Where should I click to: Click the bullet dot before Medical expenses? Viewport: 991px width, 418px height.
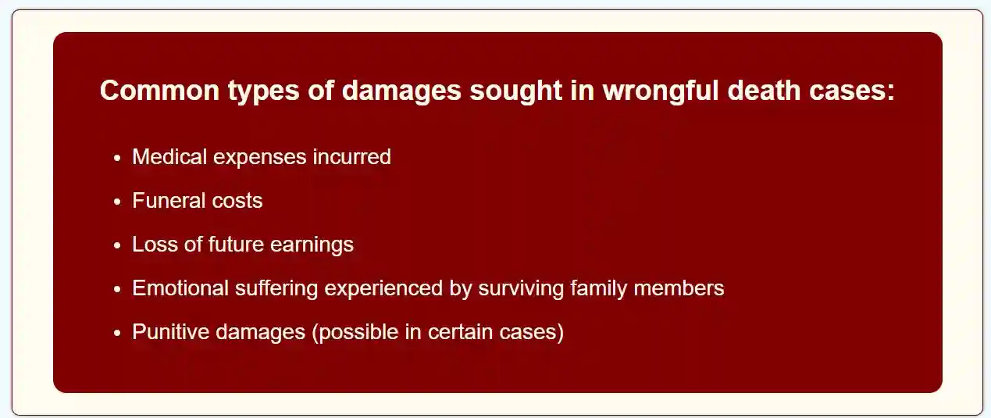tap(117, 158)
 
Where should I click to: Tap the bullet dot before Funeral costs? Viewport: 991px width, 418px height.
tap(117, 202)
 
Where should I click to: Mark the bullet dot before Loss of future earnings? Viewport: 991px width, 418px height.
tap(117, 245)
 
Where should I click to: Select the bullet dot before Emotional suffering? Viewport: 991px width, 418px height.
tap(117, 289)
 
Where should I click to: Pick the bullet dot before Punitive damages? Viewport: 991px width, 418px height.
tap(117, 333)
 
